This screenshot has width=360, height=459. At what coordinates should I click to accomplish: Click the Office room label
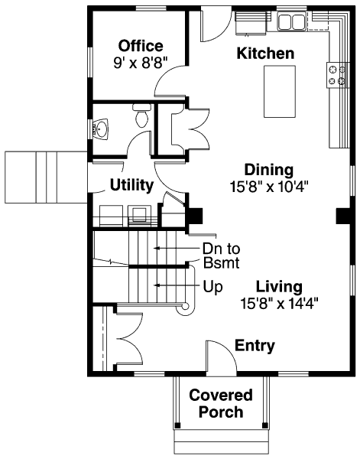(x=141, y=46)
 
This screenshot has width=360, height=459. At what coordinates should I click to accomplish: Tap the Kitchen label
(x=265, y=54)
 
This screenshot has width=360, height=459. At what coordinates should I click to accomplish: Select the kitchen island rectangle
(x=280, y=92)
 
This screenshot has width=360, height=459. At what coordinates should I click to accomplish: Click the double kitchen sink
(x=291, y=21)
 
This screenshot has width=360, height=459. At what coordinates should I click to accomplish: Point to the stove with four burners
(x=338, y=75)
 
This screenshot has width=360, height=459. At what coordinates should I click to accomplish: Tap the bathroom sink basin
(x=101, y=129)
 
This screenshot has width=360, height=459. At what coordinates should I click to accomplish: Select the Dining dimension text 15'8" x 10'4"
(x=269, y=187)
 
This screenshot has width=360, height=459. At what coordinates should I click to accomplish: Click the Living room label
(x=279, y=287)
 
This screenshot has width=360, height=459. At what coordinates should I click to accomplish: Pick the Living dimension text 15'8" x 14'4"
(x=279, y=303)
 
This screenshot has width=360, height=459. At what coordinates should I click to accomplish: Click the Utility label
(x=131, y=185)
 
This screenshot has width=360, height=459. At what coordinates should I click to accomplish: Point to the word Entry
(x=255, y=346)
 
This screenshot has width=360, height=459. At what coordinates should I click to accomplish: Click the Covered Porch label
(x=221, y=403)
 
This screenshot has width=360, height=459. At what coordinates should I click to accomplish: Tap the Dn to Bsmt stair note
(x=222, y=256)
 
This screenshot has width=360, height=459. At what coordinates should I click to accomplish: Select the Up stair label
(x=213, y=287)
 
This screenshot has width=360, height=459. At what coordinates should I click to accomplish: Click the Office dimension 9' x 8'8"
(x=141, y=63)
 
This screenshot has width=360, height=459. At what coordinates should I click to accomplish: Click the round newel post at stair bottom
(x=185, y=307)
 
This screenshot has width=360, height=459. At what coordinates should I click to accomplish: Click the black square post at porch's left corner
(x=177, y=425)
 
